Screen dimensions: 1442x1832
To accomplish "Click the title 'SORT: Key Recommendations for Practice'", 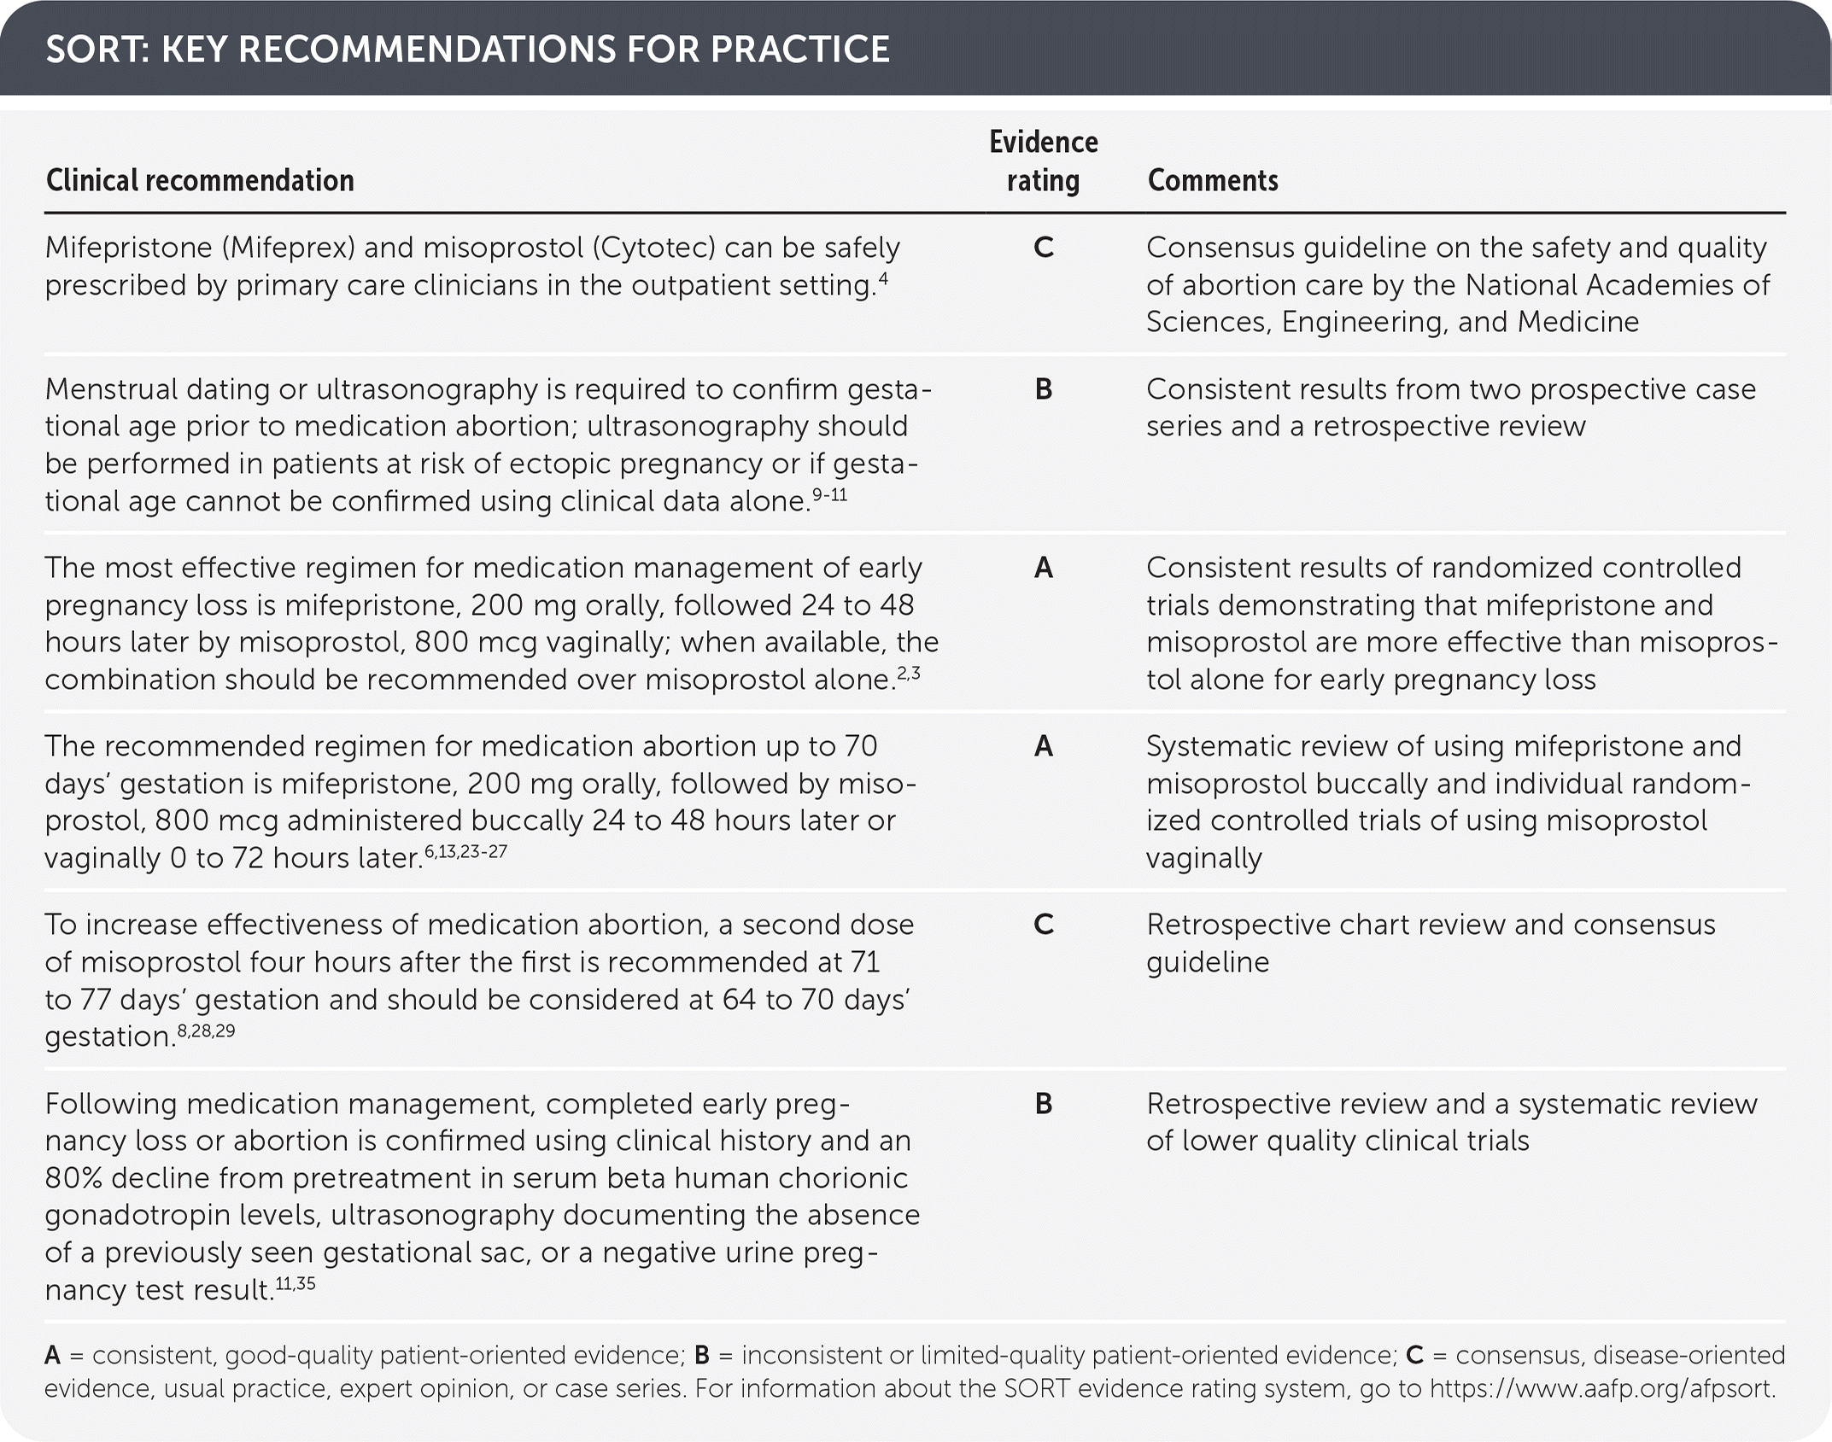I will [x=467, y=50].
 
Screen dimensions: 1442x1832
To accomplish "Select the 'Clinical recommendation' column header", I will [x=200, y=180].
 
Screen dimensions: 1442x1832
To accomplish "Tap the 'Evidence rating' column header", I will [x=1043, y=161].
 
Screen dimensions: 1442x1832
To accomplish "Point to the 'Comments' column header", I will [x=1212, y=180].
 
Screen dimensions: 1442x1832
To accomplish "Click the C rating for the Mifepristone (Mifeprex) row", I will [x=1043, y=248].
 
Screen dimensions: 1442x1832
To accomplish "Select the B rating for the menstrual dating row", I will [x=1043, y=389].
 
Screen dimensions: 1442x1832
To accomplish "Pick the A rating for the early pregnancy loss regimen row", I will [x=1043, y=568].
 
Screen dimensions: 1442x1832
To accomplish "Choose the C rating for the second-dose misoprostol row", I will [x=1043, y=925].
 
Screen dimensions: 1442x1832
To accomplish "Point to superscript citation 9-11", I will [x=828, y=494].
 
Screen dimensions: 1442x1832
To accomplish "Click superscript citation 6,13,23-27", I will [x=465, y=851].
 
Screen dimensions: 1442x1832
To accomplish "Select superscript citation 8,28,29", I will [x=206, y=1030].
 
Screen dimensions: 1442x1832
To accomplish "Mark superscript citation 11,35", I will [x=295, y=1283].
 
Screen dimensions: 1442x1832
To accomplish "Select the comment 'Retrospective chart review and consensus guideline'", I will [x=1430, y=943].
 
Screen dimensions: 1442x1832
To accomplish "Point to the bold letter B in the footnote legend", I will [x=702, y=1355].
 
